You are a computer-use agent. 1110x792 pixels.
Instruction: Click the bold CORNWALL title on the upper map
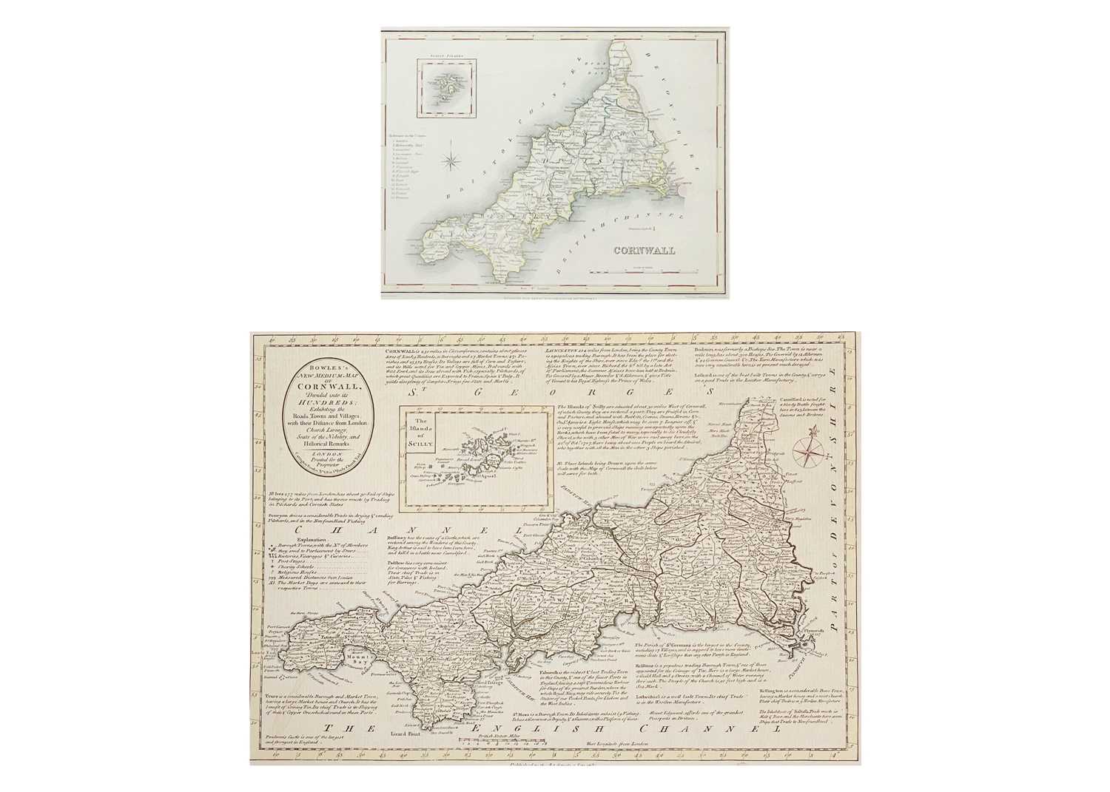coord(643,251)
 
